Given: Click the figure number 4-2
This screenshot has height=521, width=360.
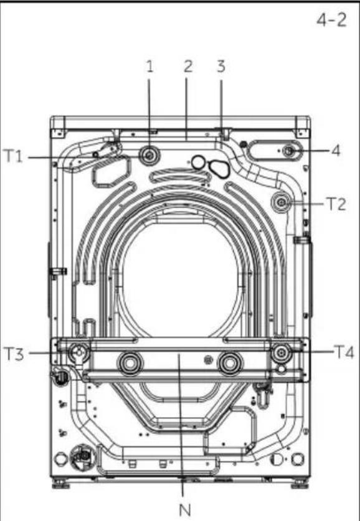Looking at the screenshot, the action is pos(331,21).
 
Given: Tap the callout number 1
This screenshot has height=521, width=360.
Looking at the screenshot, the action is pos(150,67).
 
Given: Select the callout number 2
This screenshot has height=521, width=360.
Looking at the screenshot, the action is pos(188,67).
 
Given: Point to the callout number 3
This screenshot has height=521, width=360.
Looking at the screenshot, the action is pos(221,66).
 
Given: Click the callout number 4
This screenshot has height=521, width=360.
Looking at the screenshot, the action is pos(336,151).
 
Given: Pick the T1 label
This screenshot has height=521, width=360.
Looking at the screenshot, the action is pos(13,156).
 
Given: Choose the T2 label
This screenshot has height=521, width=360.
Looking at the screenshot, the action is pos(336,204).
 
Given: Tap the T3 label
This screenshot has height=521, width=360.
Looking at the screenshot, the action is pos(14,354).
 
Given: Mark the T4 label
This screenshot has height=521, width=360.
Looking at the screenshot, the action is pos(344,352).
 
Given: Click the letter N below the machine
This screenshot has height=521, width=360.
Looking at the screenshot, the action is pos(185,510).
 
